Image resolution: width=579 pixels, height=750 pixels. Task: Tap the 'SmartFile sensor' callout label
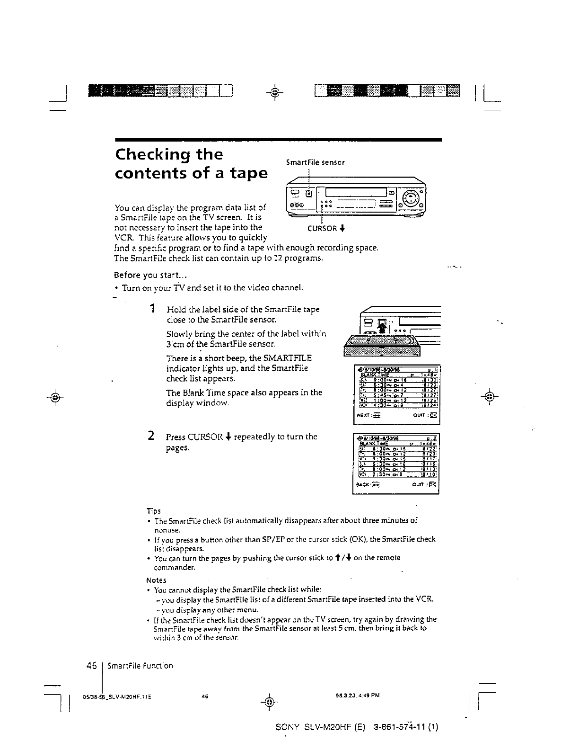pyautogui.click(x=316, y=162)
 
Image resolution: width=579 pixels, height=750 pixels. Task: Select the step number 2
pyautogui.click(x=150, y=436)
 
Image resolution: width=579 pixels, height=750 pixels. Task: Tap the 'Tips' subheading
pyautogui.click(x=153, y=511)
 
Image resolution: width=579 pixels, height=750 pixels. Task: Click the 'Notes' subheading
pyautogui.click(x=156, y=580)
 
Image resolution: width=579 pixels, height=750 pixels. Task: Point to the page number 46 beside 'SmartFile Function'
pyautogui.click(x=92, y=665)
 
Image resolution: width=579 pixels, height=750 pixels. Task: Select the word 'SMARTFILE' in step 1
pyautogui.click(x=289, y=358)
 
